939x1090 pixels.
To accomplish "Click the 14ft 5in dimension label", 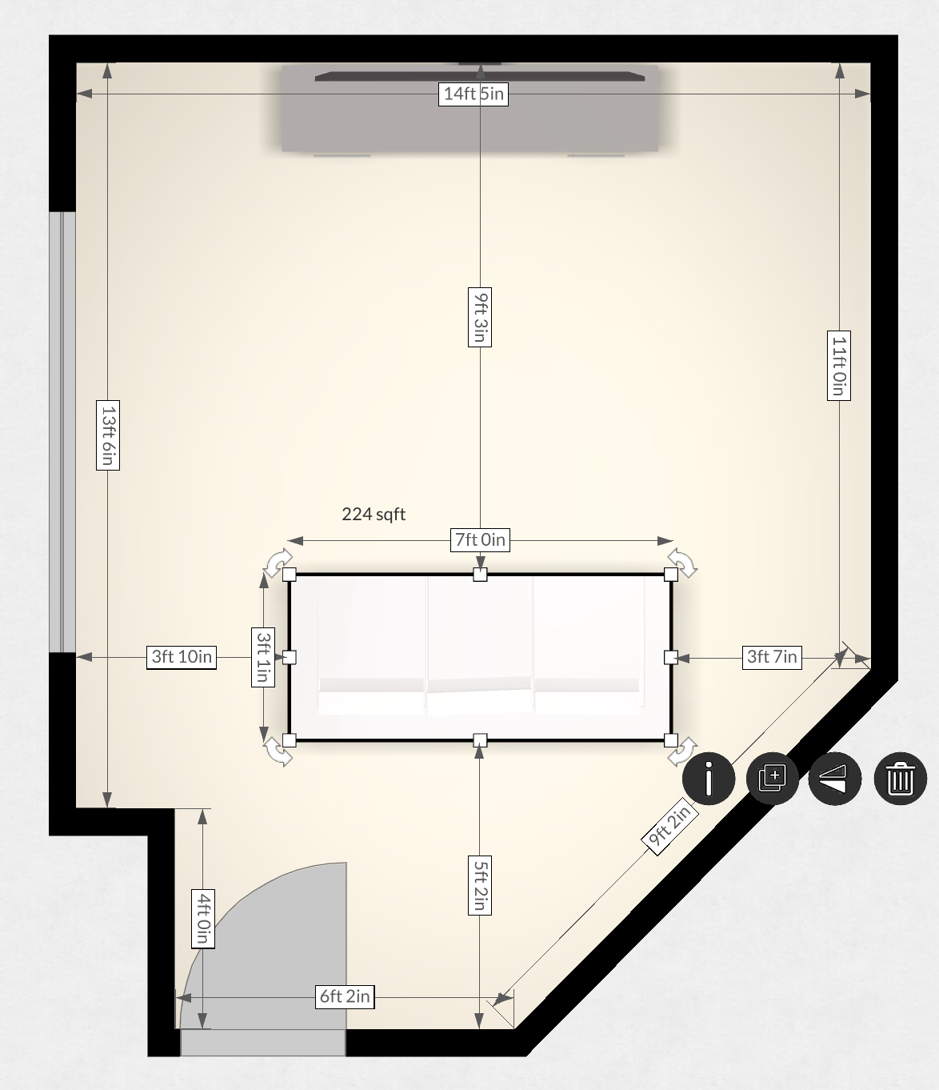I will click(474, 94).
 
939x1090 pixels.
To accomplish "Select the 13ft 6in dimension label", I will click(108, 435).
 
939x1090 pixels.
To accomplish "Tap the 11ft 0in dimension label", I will click(838, 365).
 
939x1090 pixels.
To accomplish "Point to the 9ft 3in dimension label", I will click(479, 317).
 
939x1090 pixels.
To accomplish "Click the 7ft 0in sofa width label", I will click(480, 540).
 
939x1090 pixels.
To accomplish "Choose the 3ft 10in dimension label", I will click(182, 657).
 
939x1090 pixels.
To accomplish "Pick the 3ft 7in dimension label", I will click(772, 657).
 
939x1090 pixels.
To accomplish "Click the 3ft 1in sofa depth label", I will click(263, 657).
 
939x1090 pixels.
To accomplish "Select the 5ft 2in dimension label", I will click(479, 884).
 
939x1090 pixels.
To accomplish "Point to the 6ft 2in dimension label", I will click(345, 996).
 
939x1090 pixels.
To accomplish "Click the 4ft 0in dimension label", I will click(203, 918).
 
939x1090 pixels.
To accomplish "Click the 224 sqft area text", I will click(374, 515).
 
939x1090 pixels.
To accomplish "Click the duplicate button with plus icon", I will click(772, 778).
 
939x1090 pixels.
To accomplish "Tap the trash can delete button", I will click(900, 778).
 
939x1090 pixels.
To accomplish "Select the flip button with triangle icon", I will click(835, 778).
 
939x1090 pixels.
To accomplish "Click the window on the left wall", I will click(62, 432).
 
